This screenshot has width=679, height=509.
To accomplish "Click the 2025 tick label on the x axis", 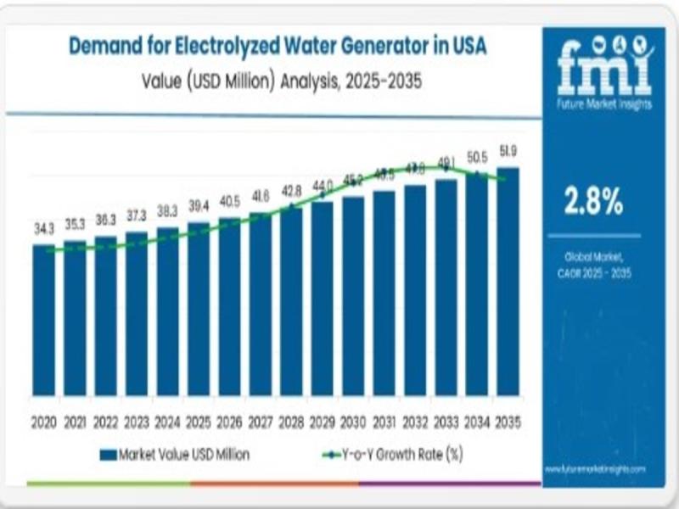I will click(x=198, y=422).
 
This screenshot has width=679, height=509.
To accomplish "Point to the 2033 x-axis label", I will click(x=446, y=422).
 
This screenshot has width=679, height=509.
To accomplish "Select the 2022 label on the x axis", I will click(x=105, y=422).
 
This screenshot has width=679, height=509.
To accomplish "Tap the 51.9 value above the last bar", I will click(x=508, y=151).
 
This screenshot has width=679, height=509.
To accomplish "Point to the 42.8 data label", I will click(x=291, y=189).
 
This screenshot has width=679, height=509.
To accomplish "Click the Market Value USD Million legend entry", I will click(x=174, y=455).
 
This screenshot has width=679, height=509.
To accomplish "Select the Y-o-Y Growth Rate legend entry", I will click(x=392, y=455).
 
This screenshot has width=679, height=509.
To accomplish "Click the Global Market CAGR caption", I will click(x=595, y=264).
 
